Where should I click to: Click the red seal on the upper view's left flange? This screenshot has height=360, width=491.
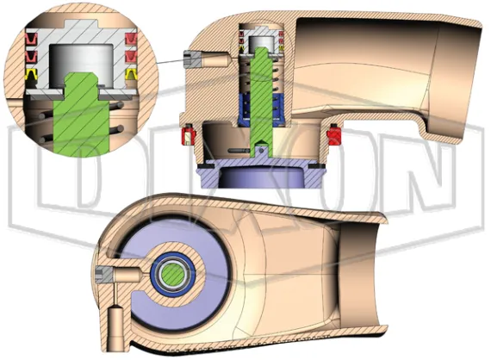[183, 135]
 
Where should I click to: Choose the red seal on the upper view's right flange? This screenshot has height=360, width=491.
[335, 135]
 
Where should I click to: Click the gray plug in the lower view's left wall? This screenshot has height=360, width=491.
[104, 275]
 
